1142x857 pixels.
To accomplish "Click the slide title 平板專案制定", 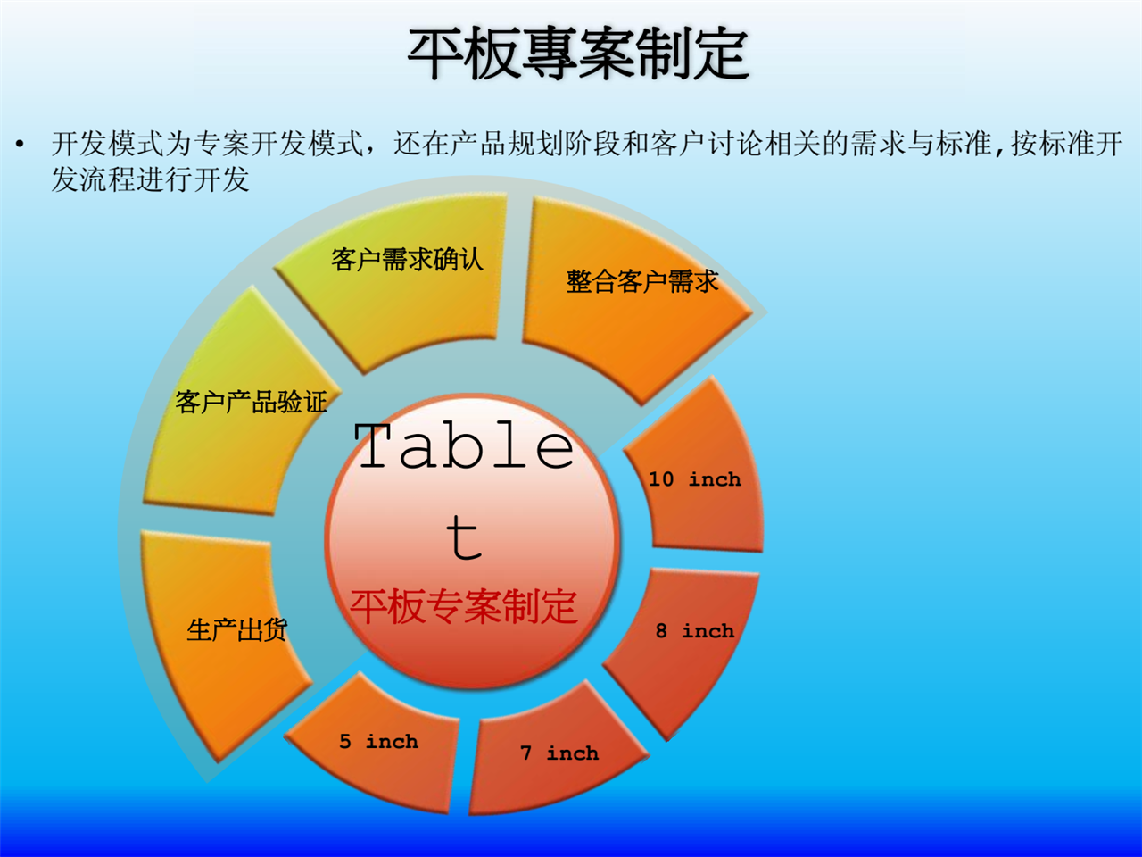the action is tap(578, 54).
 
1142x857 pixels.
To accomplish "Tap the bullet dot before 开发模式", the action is tap(20, 144).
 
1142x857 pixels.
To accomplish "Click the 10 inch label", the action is tap(694, 479).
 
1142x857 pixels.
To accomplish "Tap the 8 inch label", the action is tap(694, 631).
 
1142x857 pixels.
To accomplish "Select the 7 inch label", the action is tap(559, 753).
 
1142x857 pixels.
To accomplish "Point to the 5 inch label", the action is tap(379, 742).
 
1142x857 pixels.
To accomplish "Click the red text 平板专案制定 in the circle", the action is tap(464, 607).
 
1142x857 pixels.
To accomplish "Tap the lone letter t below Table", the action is tap(465, 537).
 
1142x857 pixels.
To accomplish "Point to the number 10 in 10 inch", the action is tap(661, 479).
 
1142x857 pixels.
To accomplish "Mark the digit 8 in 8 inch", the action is tap(661, 631).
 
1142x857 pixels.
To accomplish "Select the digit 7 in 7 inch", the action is tap(526, 753).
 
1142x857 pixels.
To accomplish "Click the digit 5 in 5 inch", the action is tap(345, 742).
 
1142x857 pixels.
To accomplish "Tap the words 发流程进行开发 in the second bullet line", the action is tap(150, 179).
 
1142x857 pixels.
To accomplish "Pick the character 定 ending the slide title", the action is tap(721, 54).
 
